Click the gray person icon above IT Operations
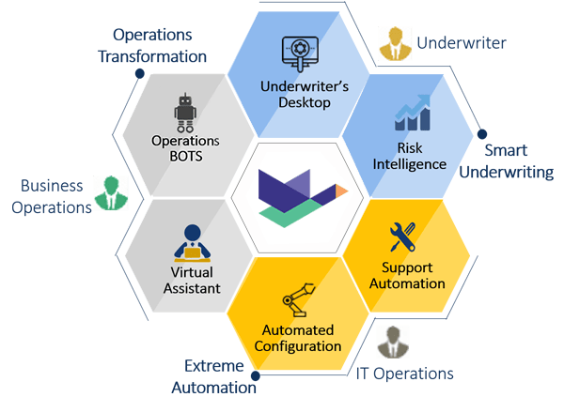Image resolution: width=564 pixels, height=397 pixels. click(390, 343)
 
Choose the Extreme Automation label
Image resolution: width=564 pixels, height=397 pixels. click(221, 375)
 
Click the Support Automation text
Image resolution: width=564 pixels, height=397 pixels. click(407, 275)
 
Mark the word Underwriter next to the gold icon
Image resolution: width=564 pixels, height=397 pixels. click(461, 42)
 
